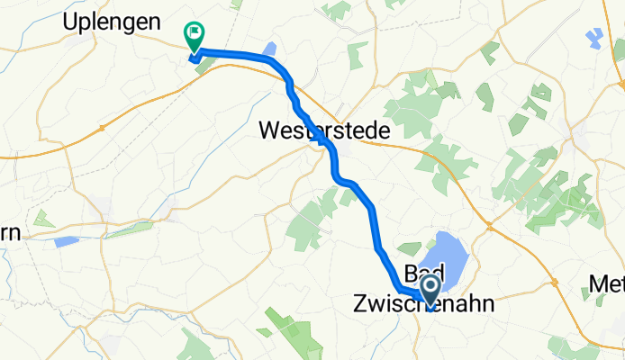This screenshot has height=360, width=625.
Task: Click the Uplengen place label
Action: point(113,22)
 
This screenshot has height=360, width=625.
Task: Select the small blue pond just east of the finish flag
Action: point(269,48)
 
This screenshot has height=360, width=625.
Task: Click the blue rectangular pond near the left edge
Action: point(66,241)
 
